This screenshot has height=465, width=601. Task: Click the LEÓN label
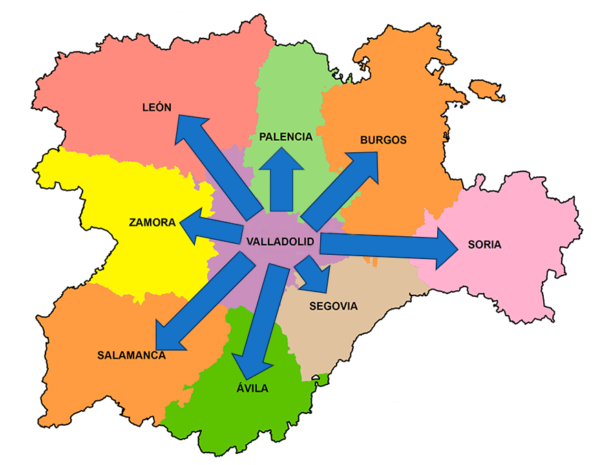pos(156,107)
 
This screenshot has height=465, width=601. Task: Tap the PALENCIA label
pos(286,136)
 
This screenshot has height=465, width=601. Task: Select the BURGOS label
pos(383,140)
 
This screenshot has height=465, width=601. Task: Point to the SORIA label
pos(485,245)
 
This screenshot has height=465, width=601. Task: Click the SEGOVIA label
pos(334,306)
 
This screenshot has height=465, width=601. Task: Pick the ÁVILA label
pos(252,389)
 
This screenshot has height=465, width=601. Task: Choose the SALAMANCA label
pos(131,355)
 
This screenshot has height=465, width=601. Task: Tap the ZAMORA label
pos(152,222)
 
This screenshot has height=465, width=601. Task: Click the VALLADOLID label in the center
pos(280,242)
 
